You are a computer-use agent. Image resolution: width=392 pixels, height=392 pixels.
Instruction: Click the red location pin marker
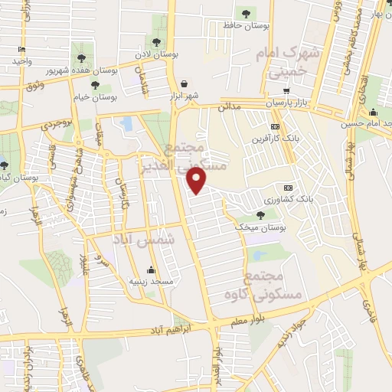pos(198,180)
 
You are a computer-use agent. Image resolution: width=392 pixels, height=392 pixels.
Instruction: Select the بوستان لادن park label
pos(158,56)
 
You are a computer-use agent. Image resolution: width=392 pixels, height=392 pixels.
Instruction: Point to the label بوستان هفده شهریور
pos(80,69)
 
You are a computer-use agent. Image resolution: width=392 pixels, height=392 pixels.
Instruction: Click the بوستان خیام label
pos(96,97)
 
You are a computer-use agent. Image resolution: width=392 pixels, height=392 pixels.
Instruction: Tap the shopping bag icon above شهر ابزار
pos(184,84)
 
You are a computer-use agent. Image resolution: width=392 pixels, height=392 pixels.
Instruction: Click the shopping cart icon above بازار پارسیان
pos(286,90)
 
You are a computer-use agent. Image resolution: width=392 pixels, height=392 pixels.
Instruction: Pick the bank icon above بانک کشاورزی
pos(288,188)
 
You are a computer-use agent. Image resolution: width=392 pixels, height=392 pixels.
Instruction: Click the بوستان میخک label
pos(256,227)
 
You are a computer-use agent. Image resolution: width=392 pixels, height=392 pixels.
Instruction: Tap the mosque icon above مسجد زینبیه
pos(152,269)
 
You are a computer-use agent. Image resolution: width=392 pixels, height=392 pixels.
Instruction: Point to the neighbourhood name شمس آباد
pos(144,240)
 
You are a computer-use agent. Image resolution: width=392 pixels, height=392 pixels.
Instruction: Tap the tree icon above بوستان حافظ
pos(245,13)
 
